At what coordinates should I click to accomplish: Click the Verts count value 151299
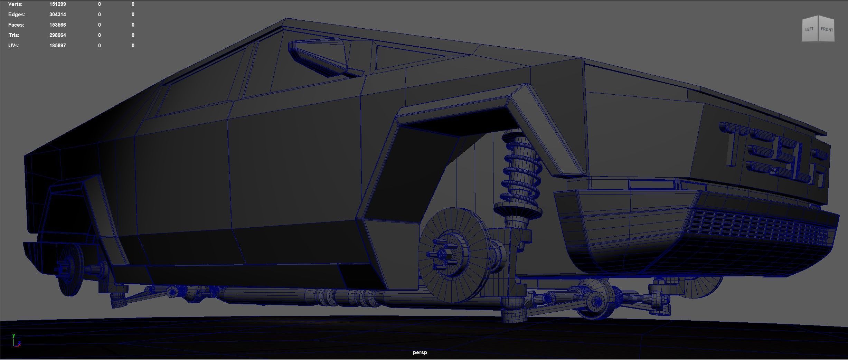point(57,4)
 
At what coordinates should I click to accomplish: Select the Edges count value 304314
point(57,15)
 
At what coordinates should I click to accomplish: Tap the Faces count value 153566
point(57,25)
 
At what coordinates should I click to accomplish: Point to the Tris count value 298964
point(57,35)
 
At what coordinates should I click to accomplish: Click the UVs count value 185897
point(57,46)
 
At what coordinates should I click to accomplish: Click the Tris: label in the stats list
point(14,35)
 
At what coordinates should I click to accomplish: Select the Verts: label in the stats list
point(15,4)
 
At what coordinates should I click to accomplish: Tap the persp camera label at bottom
point(420,352)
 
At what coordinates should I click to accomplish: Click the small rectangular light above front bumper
point(652,184)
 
